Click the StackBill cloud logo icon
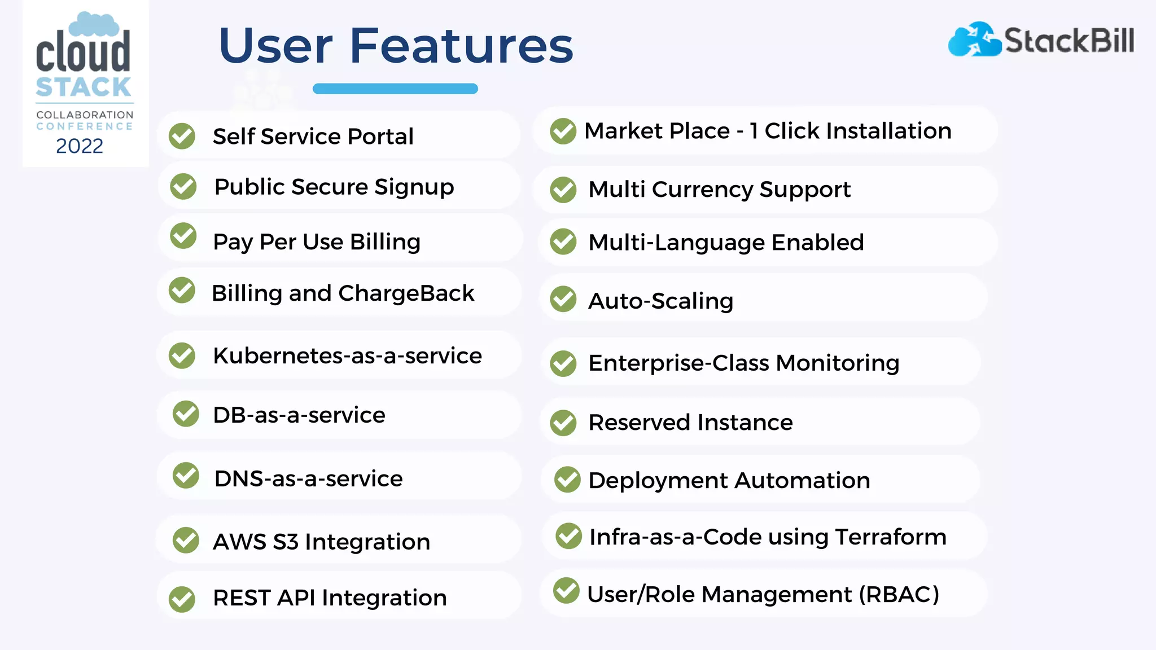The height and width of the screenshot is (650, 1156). tap(974, 39)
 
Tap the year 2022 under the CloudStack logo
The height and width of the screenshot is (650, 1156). tap(80, 146)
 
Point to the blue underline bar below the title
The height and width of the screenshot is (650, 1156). tap(395, 89)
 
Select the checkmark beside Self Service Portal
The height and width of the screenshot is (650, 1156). tap(182, 136)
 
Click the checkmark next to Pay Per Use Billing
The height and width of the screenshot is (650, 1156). tap(183, 235)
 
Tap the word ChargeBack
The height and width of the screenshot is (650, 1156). tap(406, 293)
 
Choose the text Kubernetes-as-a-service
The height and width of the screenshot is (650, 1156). tap(347, 356)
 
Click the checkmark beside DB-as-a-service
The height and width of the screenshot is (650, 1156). tap(186, 414)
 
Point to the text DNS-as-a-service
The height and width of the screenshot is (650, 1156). tap(308, 479)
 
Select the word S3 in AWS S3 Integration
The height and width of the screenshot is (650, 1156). tap(285, 542)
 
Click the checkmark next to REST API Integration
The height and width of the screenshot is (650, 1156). tap(182, 599)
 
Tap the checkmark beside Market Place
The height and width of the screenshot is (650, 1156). tap(563, 131)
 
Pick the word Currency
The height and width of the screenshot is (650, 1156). tap(702, 190)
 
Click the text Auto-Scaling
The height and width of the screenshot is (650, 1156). tap(660, 301)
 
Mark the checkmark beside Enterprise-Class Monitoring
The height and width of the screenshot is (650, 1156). tap(563, 363)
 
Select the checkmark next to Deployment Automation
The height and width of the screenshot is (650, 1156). tap(567, 480)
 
